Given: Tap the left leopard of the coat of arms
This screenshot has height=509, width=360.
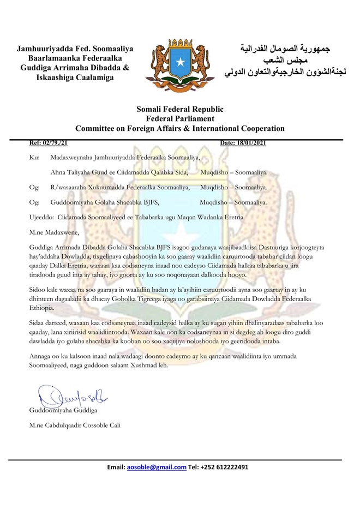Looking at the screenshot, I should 157,60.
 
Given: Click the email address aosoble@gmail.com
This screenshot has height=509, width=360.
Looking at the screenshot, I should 156,467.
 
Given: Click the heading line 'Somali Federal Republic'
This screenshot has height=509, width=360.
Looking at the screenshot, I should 180,109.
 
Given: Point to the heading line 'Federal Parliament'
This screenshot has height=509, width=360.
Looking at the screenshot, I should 180,119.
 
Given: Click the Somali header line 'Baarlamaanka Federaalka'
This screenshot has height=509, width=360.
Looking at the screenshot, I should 75,59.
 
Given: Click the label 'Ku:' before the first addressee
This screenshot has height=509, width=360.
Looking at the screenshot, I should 33,158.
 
